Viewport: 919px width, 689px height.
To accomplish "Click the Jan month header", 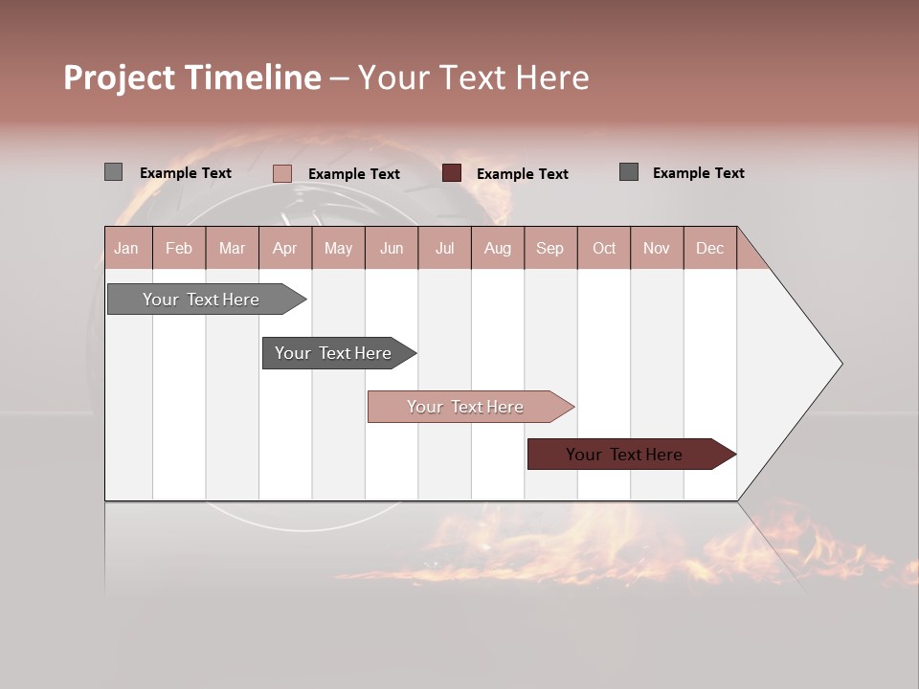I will click(127, 248).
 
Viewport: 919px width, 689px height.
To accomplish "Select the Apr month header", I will click(285, 248).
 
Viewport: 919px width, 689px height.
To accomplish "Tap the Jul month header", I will click(444, 248).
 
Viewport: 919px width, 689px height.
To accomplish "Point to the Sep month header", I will click(549, 248).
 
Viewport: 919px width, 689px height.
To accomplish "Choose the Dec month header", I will click(709, 248).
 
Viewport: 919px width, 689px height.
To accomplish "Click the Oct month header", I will click(604, 248).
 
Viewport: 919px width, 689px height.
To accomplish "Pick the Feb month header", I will click(179, 248).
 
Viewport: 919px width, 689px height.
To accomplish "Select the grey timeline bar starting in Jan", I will click(201, 300).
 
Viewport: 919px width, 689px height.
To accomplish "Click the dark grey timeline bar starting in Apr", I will click(333, 353).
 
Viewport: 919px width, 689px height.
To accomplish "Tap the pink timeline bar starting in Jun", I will click(465, 407).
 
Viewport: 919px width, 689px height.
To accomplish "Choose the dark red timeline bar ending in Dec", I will click(624, 455).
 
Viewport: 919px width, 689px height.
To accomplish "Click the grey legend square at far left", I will click(113, 172).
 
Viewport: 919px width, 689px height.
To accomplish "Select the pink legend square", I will click(281, 173).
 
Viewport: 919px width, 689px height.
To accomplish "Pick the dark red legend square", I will click(452, 173).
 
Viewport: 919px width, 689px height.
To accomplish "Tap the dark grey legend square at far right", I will click(628, 172).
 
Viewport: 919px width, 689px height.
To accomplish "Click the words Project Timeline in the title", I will click(191, 78).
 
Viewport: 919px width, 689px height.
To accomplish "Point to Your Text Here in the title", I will click(473, 78).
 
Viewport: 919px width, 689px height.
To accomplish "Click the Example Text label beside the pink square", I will click(353, 174).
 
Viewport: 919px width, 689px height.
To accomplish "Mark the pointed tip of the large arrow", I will click(841, 364).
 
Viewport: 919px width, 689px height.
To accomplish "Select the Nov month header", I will click(657, 248).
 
